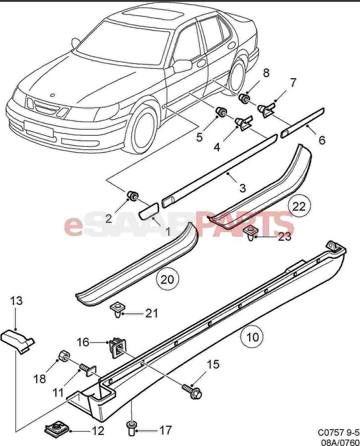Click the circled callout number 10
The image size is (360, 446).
point(252,338)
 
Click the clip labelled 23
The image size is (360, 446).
point(252,231)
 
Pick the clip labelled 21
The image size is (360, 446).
point(117,310)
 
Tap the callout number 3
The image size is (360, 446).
point(242,188)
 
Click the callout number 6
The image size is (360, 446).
point(322,140)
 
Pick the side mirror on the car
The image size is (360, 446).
point(183,65)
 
